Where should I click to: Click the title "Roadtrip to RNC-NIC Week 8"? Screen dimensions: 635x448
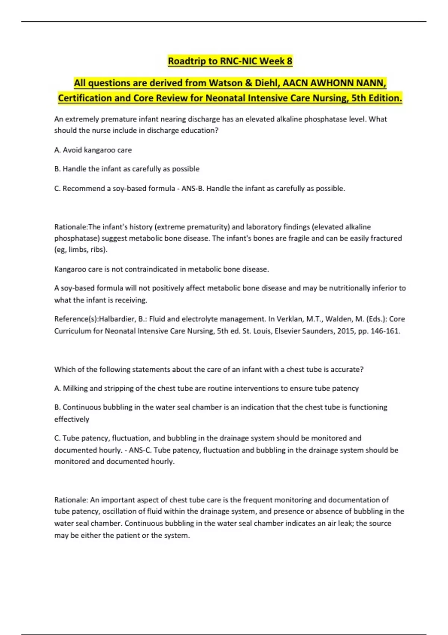pyautogui.click(x=230, y=61)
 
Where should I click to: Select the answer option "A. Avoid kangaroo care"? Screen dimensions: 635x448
pyautogui.click(x=93, y=150)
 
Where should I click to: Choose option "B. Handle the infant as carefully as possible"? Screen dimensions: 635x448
pyautogui.click(x=127, y=169)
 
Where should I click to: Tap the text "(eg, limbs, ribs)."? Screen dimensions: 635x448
pyautogui.click(x=81, y=250)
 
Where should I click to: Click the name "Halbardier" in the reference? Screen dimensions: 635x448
pyautogui.click(x=116, y=319)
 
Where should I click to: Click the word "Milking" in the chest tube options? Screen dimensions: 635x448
pyautogui.click(x=75, y=388)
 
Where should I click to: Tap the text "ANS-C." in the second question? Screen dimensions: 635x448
pyautogui.click(x=140, y=450)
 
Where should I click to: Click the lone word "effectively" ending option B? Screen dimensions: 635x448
pyautogui.click(x=72, y=419)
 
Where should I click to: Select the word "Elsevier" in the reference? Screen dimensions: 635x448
pyautogui.click(x=288, y=331)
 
